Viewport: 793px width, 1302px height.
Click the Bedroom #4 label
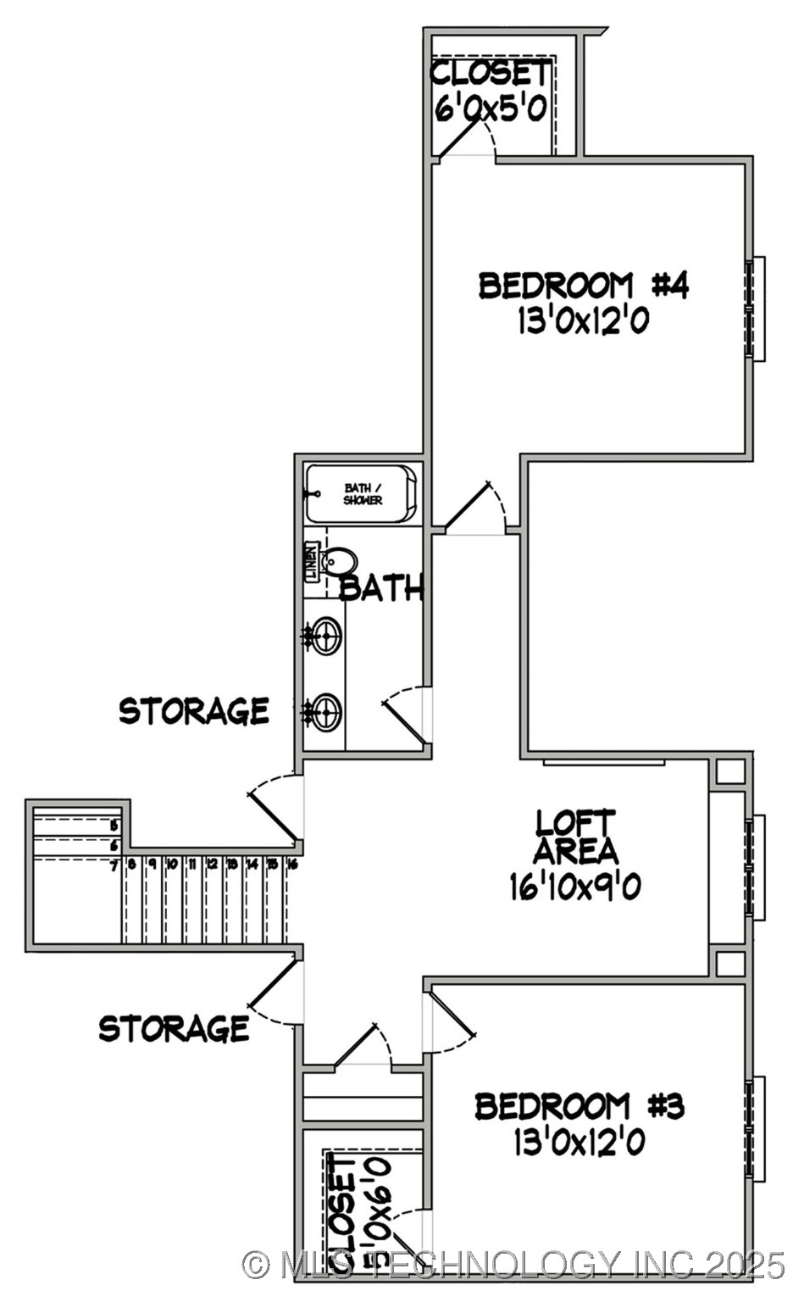coord(583,286)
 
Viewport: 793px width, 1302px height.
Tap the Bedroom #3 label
coord(579,1106)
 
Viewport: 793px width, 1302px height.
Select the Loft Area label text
coord(575,836)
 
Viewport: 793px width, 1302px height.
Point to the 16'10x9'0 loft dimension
coord(575,887)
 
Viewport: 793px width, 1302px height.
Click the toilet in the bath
coord(339,561)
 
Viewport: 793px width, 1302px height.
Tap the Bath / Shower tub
coord(362,494)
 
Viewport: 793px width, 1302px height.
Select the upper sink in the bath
coord(325,636)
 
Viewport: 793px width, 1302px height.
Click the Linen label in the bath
coord(312,562)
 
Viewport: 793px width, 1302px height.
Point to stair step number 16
coord(292,865)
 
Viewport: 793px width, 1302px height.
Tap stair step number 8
coord(132,865)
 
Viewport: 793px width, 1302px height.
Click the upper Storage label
coord(194,710)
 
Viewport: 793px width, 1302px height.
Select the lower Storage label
coord(174,1028)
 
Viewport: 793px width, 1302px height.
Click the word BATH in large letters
coord(380,587)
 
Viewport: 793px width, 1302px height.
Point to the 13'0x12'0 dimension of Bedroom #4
coord(583,321)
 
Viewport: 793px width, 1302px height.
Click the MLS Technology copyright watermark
coord(513,1265)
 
